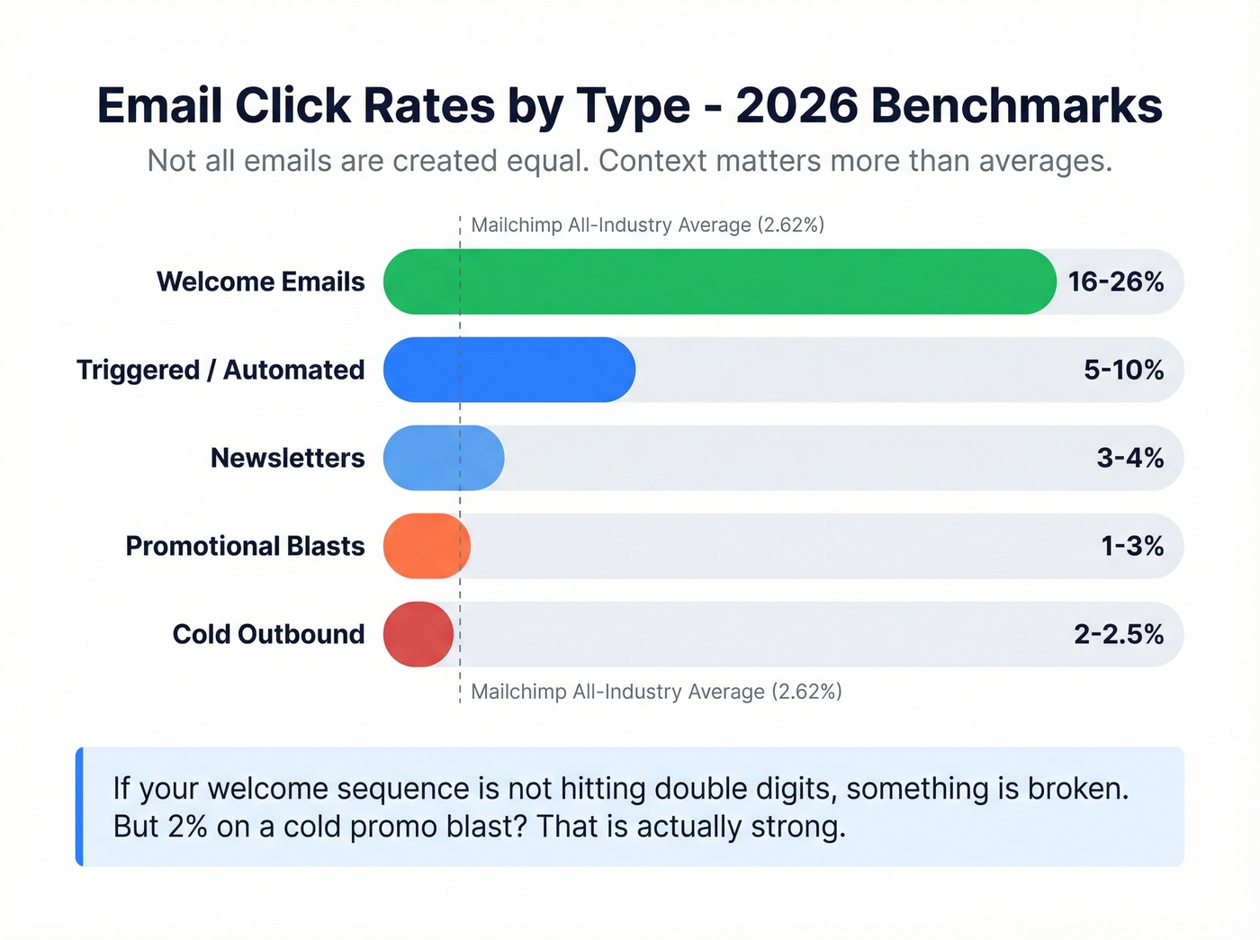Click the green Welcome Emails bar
coord(720,282)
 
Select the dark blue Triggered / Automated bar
coord(509,370)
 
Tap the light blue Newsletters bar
coord(444,458)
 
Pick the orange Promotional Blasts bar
coord(427,546)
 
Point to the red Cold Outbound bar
coord(418,634)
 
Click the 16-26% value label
coord(1115,282)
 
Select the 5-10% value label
coord(1123,370)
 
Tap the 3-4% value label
coord(1129,458)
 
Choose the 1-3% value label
coord(1132,546)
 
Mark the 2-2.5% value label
coord(1119,634)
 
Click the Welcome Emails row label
coord(261,282)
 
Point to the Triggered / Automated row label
coord(220,370)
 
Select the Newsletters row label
coord(288,458)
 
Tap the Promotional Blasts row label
coord(245,546)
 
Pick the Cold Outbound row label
coord(268,634)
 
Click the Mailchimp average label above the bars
coord(647,225)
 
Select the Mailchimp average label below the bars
coord(656,692)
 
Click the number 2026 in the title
coord(796,106)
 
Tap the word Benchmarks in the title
coord(1016,106)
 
